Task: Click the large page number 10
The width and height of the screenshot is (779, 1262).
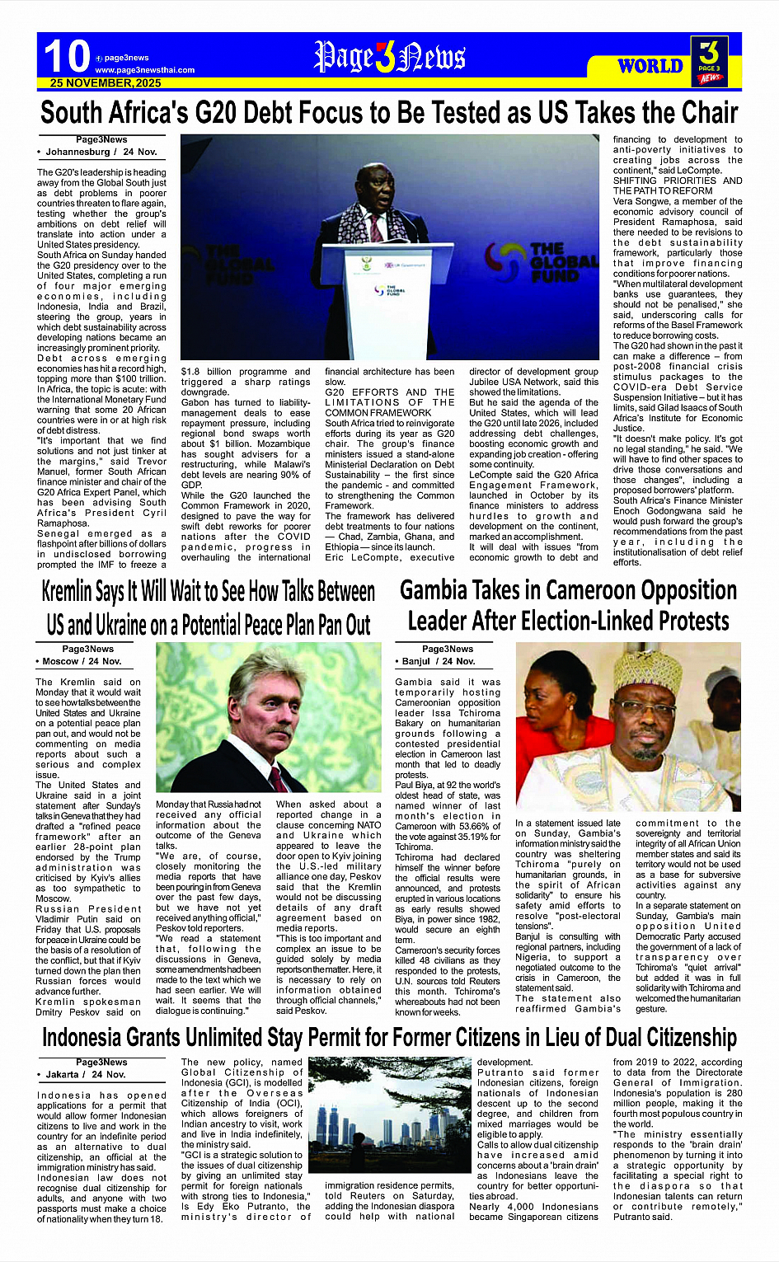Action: (x=66, y=57)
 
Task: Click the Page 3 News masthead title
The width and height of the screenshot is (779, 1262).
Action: (x=389, y=58)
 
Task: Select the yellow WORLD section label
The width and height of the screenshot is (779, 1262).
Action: (x=650, y=66)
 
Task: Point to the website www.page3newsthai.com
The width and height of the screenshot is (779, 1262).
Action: (x=145, y=70)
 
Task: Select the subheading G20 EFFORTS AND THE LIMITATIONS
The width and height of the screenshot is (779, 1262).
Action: (x=389, y=402)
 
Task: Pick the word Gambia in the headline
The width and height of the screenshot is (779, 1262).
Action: (x=435, y=590)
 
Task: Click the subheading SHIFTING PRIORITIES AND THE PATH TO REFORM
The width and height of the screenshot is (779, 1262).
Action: (x=677, y=185)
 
